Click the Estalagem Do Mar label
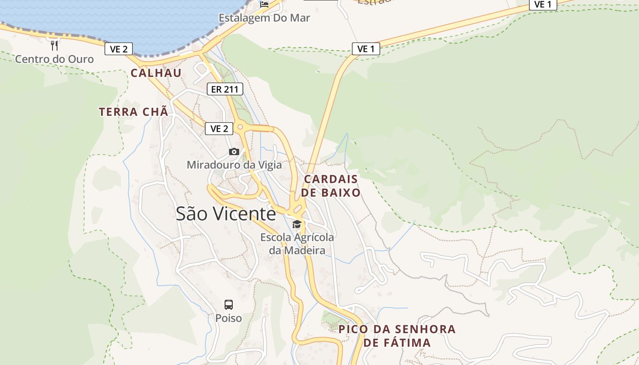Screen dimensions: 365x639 pos(264,18)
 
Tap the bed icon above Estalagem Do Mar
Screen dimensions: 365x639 pos(264,5)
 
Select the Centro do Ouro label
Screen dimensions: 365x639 pos(54,59)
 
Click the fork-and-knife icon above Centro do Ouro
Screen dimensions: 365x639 pos(54,45)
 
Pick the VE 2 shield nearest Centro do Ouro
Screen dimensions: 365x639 pos(119,49)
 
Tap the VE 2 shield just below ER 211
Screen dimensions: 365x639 pos(219,129)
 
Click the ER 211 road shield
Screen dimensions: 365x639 pos(225,89)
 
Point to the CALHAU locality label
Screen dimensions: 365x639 pos(156,73)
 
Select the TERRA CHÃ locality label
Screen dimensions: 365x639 pos(133,112)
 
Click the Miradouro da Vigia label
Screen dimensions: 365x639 pos(234,165)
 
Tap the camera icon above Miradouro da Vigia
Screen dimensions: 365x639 pos(234,151)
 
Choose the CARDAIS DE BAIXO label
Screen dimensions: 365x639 pos(331,185)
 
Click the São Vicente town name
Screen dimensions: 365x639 pos(226,214)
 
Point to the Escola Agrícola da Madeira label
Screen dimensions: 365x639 pos(297,244)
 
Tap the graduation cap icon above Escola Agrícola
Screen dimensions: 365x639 pos(297,224)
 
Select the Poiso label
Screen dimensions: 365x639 pos(229,318)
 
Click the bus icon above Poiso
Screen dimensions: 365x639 pos(229,304)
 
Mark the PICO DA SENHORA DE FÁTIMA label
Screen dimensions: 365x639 pos(397,335)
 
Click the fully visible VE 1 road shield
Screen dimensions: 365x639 pos(366,49)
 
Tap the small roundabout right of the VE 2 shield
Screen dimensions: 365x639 pos(240,127)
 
